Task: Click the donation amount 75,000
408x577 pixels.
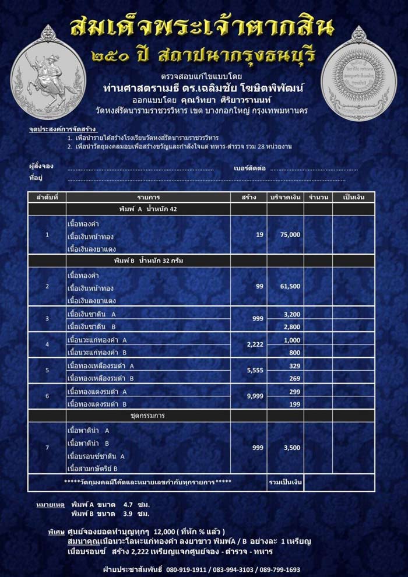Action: pyautogui.click(x=290, y=234)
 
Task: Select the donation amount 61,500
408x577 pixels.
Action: pyautogui.click(x=290, y=286)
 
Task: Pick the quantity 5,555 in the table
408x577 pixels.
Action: pyautogui.click(x=255, y=370)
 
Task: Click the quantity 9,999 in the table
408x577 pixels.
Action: pyautogui.click(x=255, y=396)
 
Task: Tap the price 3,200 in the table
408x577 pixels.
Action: pyautogui.click(x=291, y=314)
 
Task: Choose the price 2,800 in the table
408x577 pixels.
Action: pyautogui.click(x=291, y=326)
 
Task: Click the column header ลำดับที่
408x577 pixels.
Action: pyautogui.click(x=47, y=198)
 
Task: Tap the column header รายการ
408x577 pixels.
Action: pyautogui.click(x=149, y=198)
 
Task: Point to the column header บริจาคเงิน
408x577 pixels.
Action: pyautogui.click(x=285, y=198)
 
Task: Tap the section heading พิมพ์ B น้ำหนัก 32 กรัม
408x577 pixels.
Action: pyautogui.click(x=149, y=261)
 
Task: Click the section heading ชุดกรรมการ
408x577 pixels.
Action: pyautogui.click(x=149, y=416)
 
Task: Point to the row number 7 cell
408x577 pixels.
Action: pyautogui.click(x=47, y=448)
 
